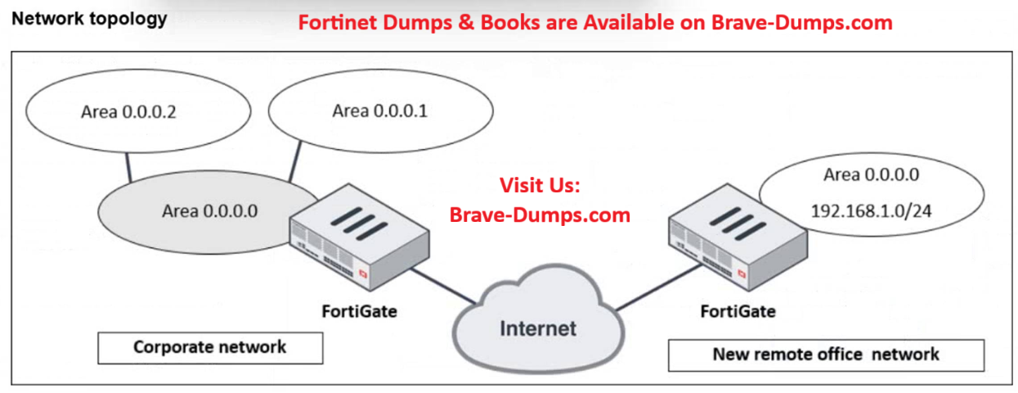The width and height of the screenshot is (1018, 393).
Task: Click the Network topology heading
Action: (89, 19)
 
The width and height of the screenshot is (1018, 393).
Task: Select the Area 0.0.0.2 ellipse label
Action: (129, 112)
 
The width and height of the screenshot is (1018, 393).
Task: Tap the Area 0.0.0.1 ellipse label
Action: (379, 111)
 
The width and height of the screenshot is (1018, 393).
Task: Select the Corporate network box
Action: (210, 347)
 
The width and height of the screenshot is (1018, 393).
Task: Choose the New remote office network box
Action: (826, 355)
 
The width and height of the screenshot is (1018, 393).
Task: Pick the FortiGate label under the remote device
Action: (738, 311)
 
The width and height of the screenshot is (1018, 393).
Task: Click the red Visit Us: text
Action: (539, 186)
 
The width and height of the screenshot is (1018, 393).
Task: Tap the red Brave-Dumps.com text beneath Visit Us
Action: (540, 215)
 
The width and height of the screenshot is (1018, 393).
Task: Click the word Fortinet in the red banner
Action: (335, 22)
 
